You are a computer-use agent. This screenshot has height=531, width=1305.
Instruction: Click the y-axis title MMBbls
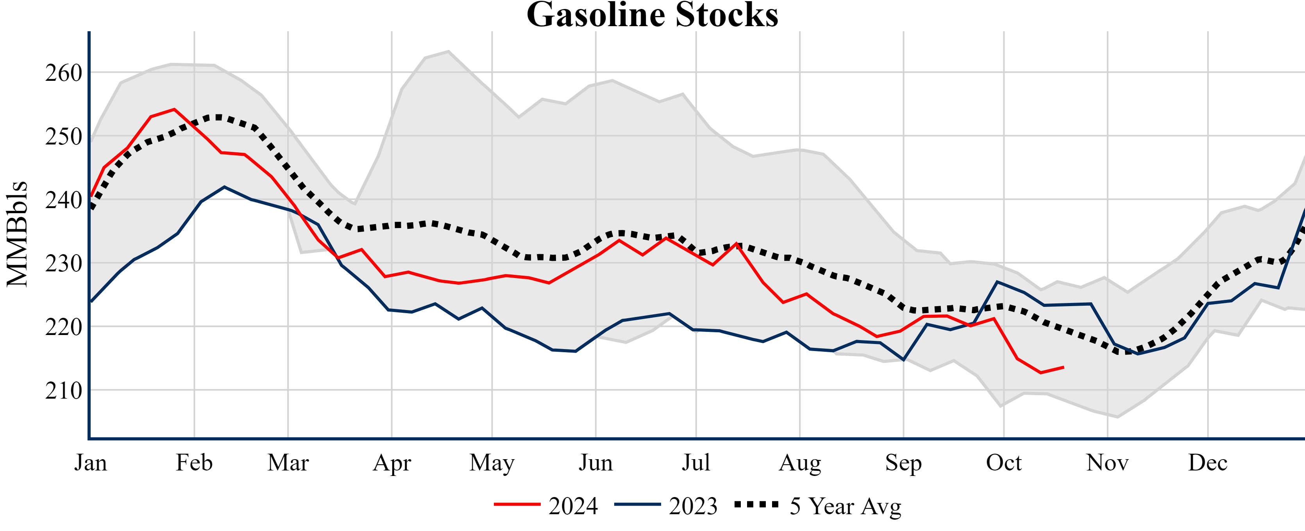point(17,234)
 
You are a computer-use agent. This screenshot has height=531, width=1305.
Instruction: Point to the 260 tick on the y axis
point(64,73)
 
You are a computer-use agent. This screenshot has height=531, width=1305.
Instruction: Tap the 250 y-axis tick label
point(64,137)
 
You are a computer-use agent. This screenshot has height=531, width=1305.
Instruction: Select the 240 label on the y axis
point(64,200)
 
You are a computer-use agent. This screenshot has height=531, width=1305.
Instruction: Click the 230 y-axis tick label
point(64,264)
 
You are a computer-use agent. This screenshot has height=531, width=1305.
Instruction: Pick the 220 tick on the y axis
point(64,328)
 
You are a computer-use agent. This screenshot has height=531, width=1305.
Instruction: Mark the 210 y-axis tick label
point(64,391)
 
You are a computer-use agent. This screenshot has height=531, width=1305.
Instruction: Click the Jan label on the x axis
point(91,463)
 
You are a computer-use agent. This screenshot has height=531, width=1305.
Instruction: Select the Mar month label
point(288,463)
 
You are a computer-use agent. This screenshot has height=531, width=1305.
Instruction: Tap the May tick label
point(492,463)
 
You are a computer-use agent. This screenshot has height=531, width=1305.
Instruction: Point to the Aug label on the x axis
point(800,463)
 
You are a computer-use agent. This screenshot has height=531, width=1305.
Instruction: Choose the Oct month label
point(1004,463)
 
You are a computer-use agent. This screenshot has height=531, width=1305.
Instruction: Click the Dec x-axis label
point(1208,463)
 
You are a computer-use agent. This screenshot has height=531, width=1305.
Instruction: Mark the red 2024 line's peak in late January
point(174,109)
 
